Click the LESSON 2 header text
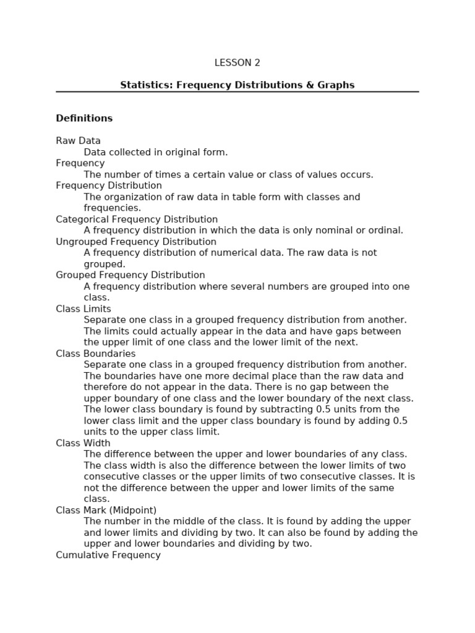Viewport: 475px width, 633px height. coord(237,62)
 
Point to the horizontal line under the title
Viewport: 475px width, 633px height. coord(237,92)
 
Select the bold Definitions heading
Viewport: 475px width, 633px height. coord(84,118)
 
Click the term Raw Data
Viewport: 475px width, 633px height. coord(78,141)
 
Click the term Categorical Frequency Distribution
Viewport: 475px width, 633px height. coord(137,219)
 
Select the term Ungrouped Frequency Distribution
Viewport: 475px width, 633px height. coord(136,242)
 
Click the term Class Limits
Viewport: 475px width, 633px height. coord(83,309)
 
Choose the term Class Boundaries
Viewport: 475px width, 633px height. coord(96,354)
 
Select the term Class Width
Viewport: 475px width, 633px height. coord(83,443)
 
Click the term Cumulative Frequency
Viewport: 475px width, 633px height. coord(108,555)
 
